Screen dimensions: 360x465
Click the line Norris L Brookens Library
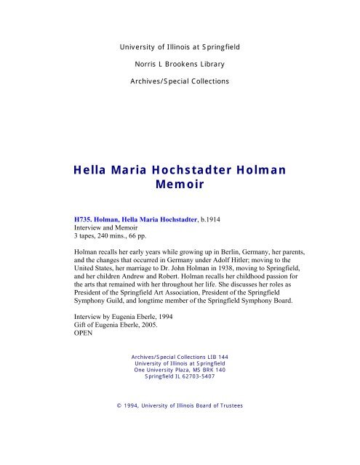click(179, 63)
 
